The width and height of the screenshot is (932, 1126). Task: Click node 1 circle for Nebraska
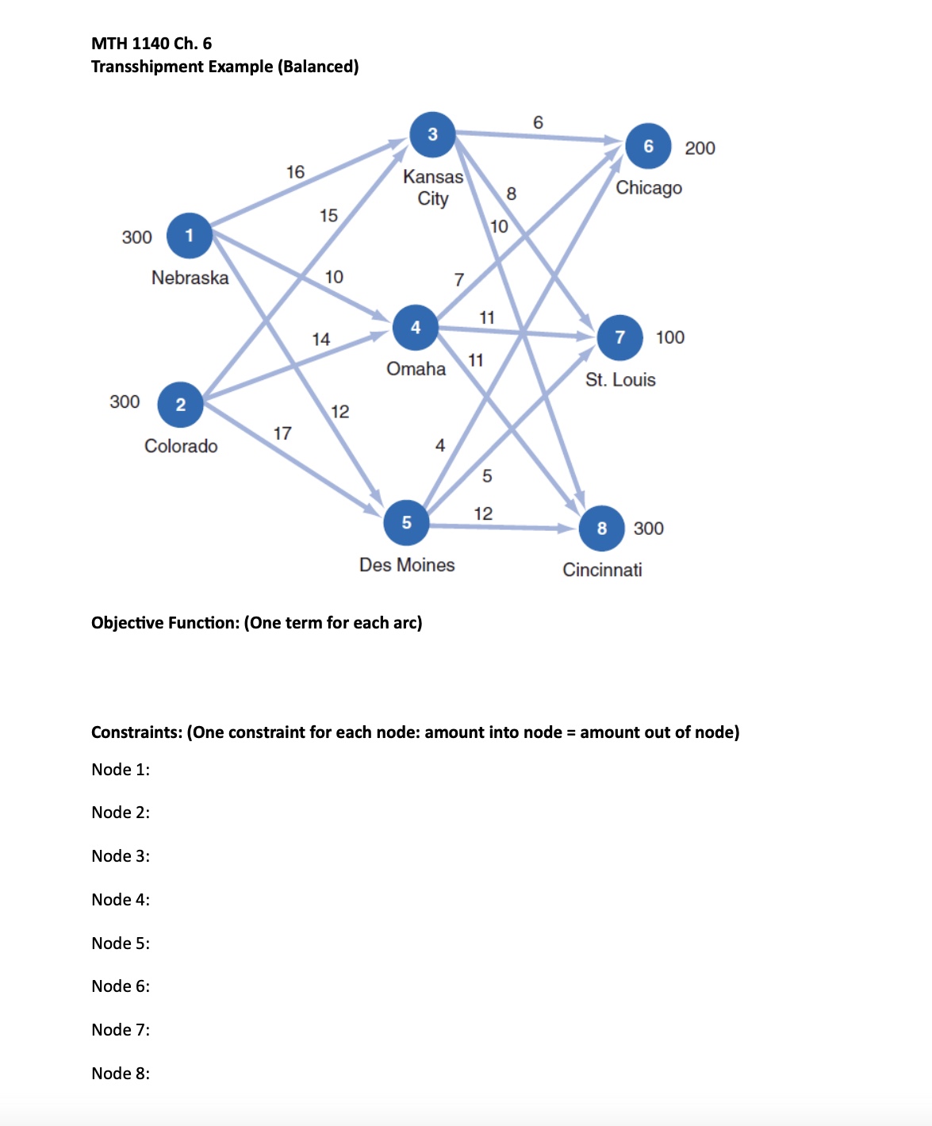[189, 236]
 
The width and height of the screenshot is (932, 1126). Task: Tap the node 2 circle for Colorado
[181, 405]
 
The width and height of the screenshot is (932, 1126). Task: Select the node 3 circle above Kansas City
[432, 134]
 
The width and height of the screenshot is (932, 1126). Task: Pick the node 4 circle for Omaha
[416, 327]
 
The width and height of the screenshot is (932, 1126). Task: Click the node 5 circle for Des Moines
[406, 522]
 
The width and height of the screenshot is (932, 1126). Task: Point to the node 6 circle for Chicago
[648, 146]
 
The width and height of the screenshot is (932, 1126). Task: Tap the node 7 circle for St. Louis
[619, 337]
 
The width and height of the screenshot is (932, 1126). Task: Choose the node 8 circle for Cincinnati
[601, 528]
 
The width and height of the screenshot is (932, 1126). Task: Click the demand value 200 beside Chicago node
[700, 148]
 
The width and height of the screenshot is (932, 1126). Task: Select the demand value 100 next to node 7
[670, 337]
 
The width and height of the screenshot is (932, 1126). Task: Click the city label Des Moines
[407, 565]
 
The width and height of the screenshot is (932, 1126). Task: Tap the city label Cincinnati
[602, 570]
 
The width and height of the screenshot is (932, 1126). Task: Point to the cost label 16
[295, 172]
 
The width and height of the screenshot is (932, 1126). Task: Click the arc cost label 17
[282, 433]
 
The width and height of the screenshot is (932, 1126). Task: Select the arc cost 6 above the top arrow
[538, 122]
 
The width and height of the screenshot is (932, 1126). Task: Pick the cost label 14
[320, 340]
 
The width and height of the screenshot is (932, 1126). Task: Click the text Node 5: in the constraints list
[121, 943]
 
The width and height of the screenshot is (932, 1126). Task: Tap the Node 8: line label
[121, 1074]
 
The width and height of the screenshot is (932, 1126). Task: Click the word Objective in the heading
[125, 623]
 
